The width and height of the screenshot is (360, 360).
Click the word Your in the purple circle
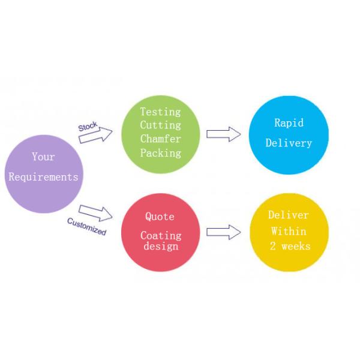[x=43, y=157]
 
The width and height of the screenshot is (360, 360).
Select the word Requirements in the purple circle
[x=43, y=177]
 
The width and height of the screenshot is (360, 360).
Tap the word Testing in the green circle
[x=160, y=112]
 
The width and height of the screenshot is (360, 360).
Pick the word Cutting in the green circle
[x=160, y=125]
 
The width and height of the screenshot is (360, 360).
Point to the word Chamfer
[x=160, y=139]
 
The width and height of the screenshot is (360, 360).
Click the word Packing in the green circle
[x=160, y=153]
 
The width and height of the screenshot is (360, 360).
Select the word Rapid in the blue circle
[x=289, y=122]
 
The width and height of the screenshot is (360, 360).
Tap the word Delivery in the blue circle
[x=289, y=143]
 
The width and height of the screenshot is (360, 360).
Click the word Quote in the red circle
[x=160, y=217]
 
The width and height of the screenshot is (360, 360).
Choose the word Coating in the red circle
[x=160, y=235]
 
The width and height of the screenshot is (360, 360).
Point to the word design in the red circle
[x=160, y=246]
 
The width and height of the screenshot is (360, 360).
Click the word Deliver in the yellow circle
[x=288, y=215]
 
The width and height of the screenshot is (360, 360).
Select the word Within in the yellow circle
[x=289, y=231]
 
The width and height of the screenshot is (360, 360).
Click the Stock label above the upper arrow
[x=88, y=127]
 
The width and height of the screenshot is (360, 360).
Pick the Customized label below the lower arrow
[x=86, y=226]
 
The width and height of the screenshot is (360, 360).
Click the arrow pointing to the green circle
[x=95, y=136]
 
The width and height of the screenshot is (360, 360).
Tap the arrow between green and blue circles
[x=223, y=134]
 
